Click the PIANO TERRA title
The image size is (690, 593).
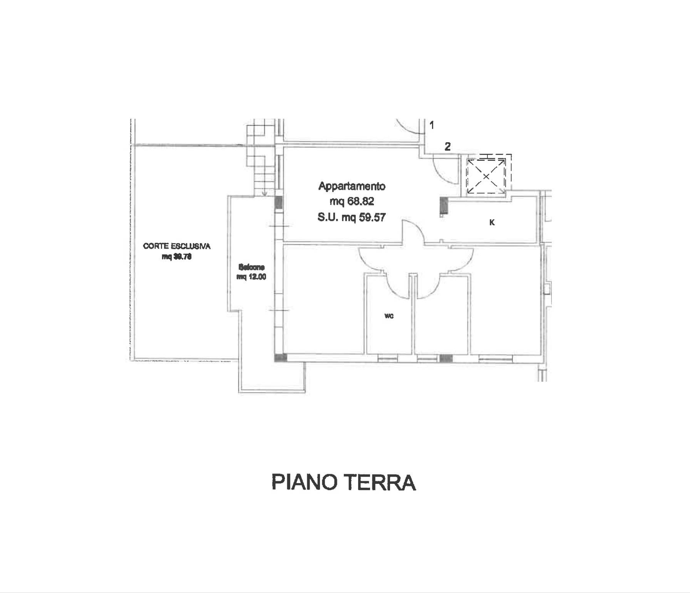coord(344,482)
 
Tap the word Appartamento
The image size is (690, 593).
coord(352,186)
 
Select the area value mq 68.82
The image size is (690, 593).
coord(352,201)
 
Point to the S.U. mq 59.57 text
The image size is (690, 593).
coord(351,217)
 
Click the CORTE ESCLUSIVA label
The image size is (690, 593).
coord(177,246)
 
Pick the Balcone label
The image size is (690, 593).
coord(251,267)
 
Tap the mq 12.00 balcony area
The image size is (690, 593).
coord(251,277)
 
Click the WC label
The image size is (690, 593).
coord(389,317)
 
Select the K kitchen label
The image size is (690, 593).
coord(492,222)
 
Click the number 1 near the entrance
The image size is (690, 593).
coord(432,125)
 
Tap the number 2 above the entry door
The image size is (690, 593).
coord(447,147)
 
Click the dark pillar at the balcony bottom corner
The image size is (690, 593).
coord(278,357)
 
